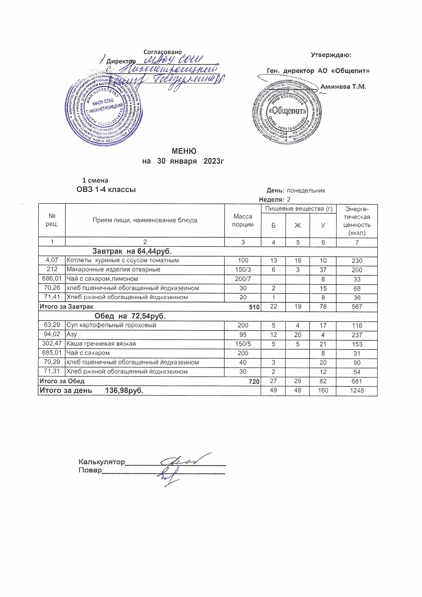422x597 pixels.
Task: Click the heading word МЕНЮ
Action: pyautogui.click(x=184, y=151)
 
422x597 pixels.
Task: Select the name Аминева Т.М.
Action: pyautogui.click(x=343, y=87)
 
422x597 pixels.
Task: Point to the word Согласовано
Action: pyautogui.click(x=163, y=52)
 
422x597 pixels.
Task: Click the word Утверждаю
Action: pyautogui.click(x=331, y=55)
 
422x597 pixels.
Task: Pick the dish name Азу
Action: pyautogui.click(x=72, y=335)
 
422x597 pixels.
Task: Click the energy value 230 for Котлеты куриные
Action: pyautogui.click(x=357, y=261)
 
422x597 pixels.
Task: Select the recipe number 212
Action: pyautogui.click(x=52, y=270)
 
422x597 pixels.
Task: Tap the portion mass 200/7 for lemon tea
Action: pyautogui.click(x=243, y=279)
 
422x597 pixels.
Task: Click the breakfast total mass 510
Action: pyautogui.click(x=254, y=307)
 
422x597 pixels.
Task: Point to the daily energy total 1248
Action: pyautogui.click(x=357, y=391)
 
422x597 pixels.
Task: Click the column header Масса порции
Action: pyautogui.click(x=243, y=221)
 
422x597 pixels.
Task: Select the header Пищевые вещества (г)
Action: pyautogui.click(x=298, y=209)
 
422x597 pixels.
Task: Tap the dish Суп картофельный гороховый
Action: pyautogui.click(x=111, y=325)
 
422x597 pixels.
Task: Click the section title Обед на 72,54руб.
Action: pyautogui.click(x=130, y=316)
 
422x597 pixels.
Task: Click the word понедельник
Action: pyautogui.click(x=306, y=191)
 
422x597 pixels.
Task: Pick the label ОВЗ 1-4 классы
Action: pyautogui.click(x=106, y=190)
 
